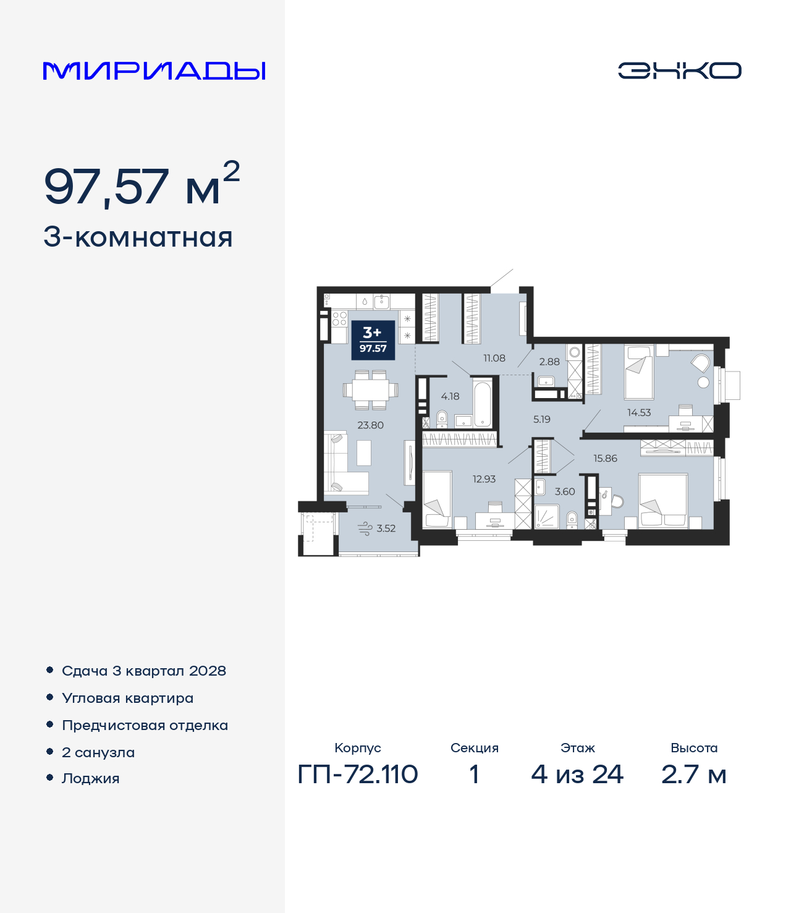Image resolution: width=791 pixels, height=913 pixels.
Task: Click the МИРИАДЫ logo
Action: point(154,70)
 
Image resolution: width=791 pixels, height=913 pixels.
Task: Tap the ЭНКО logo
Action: point(679,70)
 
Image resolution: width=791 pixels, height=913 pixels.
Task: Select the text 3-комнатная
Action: point(138,237)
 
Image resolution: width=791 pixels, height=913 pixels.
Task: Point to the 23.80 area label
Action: point(370,425)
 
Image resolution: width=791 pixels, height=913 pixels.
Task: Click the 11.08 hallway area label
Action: point(494,359)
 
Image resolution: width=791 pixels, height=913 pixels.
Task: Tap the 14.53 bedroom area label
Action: point(639,413)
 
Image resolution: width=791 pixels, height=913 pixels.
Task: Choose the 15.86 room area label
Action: point(605,459)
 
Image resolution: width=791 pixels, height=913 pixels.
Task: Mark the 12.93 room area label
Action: point(484,479)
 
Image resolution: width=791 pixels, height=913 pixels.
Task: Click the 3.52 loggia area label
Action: point(386,529)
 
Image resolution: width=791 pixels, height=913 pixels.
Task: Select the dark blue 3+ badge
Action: point(373,340)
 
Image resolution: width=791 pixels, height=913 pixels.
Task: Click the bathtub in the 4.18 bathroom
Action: point(482,403)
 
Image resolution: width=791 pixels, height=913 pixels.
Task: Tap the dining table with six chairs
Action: point(370,390)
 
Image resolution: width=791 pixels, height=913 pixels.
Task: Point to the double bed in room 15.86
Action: point(663,501)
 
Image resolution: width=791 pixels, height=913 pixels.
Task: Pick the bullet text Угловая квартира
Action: point(127,699)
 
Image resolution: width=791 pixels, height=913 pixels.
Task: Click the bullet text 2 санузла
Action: point(98,753)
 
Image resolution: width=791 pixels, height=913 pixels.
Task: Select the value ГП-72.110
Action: point(358,775)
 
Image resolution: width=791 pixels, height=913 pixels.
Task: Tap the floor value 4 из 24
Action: point(577,775)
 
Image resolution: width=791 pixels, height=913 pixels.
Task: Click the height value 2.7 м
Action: point(693,775)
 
